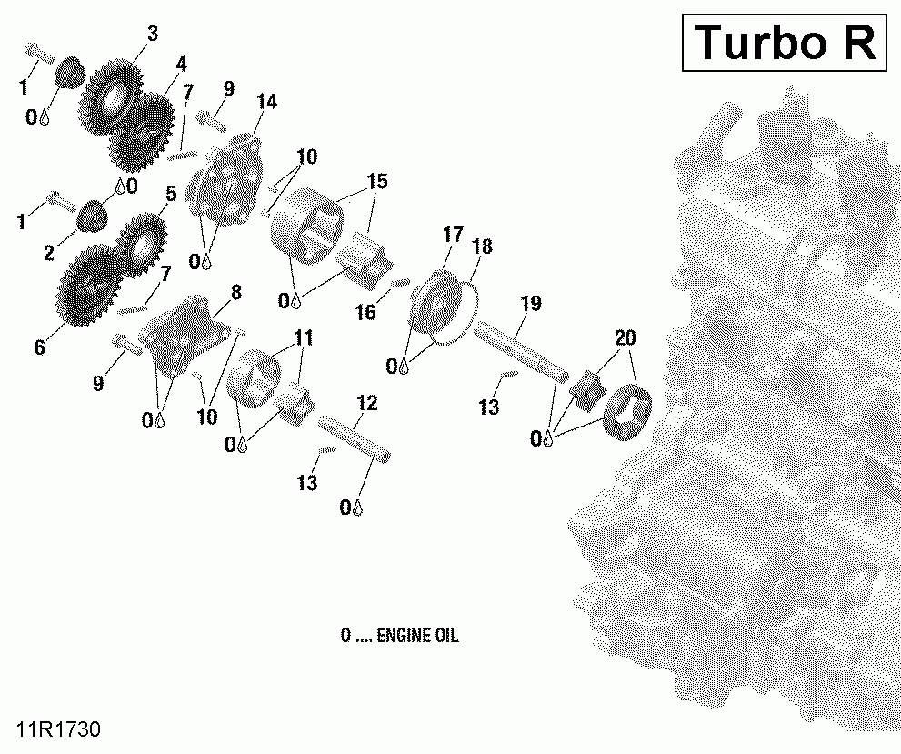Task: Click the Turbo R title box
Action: tap(785, 42)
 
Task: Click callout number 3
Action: tap(152, 34)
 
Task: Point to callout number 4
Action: tap(182, 64)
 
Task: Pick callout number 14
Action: tap(266, 101)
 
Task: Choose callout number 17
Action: tap(453, 236)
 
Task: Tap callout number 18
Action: tap(482, 246)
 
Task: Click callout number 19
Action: tap(531, 303)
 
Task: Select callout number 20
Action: tap(625, 337)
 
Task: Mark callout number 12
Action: tap(366, 402)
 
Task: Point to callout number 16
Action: tap(365, 312)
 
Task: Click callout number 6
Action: tap(39, 347)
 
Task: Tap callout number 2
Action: tap(48, 254)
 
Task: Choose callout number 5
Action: tap(170, 194)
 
